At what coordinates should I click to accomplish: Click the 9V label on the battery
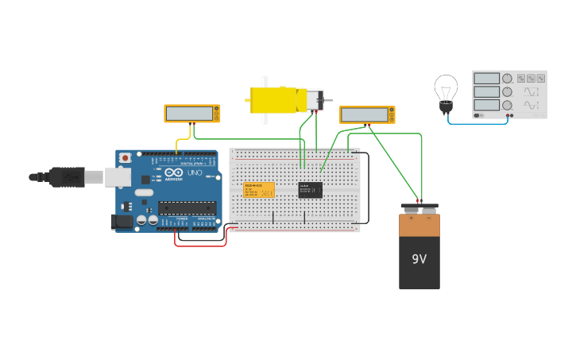[x=419, y=259]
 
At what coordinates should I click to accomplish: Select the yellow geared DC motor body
[x=273, y=100]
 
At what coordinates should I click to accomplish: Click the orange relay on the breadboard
[x=258, y=190]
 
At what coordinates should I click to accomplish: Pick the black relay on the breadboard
[x=310, y=189]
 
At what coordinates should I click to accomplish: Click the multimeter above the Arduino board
[x=192, y=114]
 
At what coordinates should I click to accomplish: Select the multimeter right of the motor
[x=366, y=114]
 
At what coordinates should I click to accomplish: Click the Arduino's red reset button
[x=125, y=158]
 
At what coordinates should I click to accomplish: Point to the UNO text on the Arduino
[x=195, y=172]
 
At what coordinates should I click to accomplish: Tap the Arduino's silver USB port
[x=118, y=176]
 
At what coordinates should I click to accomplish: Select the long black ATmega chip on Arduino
[x=187, y=208]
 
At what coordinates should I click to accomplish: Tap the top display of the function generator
[x=486, y=79]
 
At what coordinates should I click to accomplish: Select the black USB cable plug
[x=68, y=176]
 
